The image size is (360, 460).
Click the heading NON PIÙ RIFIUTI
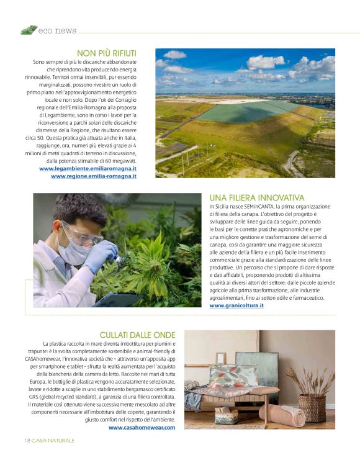pos(106,53)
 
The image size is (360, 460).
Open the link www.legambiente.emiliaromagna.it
pos(88,168)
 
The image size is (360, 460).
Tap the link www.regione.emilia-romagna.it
pos(94,176)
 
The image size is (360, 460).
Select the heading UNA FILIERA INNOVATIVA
pos(257,197)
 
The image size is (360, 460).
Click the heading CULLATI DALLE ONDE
pos(137,335)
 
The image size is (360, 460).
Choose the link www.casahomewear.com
pos(142,427)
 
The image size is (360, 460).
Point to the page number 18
pos(20,440)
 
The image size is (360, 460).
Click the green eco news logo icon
pos(29,30)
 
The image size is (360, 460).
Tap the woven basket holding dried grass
pos(310,407)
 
